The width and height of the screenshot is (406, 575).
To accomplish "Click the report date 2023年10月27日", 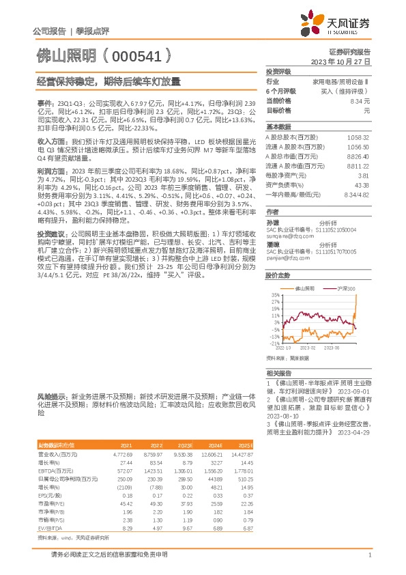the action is pyautogui.click(x=340, y=61).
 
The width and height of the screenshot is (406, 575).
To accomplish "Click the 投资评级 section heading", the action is pyautogui.click(x=278, y=71).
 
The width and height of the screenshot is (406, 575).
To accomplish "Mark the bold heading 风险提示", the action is pyautogui.click(x=50, y=396).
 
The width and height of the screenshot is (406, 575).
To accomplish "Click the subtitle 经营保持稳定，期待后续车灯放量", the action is pyautogui.click(x=109, y=81).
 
